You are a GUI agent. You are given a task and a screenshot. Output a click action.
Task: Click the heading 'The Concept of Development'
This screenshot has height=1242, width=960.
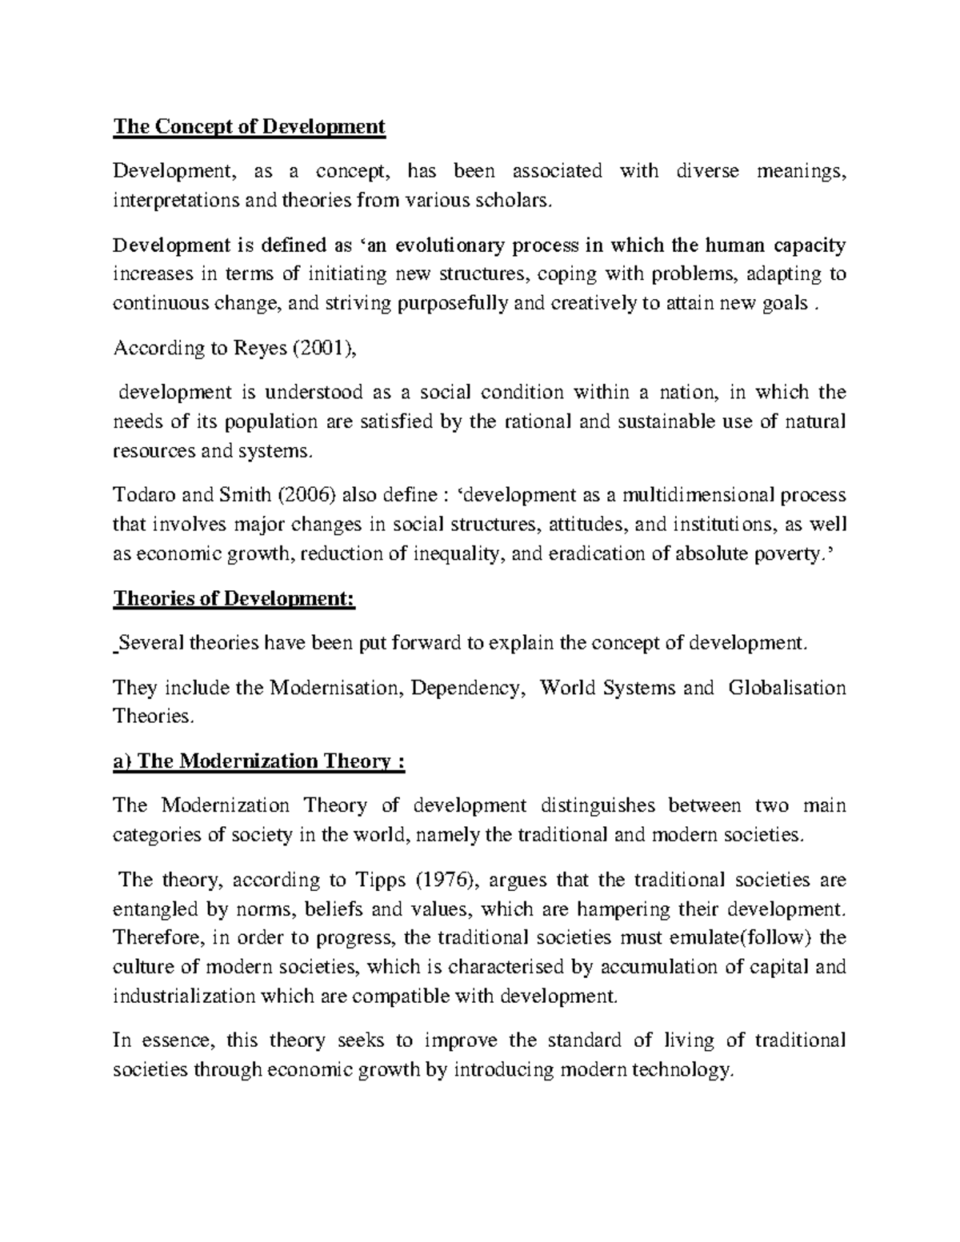[249, 126]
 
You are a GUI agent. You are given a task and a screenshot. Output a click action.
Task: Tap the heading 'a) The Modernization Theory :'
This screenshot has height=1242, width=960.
[259, 761]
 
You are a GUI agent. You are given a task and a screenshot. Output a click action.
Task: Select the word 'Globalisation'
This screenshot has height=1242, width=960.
[787, 687]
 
